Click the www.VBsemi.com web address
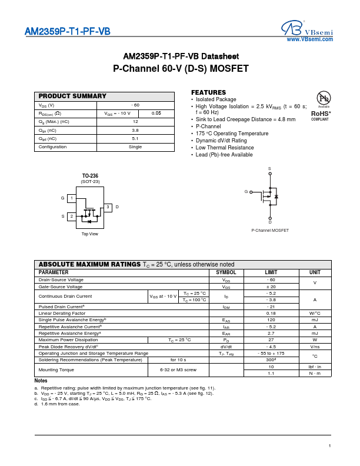pyautogui.click(x=310, y=39)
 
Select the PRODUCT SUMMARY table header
pyautogui.click(x=72, y=96)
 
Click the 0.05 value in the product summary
pyautogui.click(x=156, y=113)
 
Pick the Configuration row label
pyautogui.click(x=53, y=147)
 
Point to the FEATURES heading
pyautogui.click(x=208, y=92)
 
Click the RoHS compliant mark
pyautogui.click(x=321, y=114)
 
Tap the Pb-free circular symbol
pyautogui.click(x=324, y=98)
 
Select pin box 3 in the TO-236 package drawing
pyautogui.click(x=108, y=207)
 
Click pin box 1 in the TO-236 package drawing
pyautogui.click(x=71, y=199)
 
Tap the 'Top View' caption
pyautogui.click(x=90, y=234)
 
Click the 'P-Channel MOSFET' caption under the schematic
pyautogui.click(x=270, y=230)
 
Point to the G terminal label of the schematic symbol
pyautogui.click(x=246, y=192)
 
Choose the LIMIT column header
pyautogui.click(x=271, y=272)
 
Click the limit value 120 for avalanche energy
pyautogui.click(x=271, y=319)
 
